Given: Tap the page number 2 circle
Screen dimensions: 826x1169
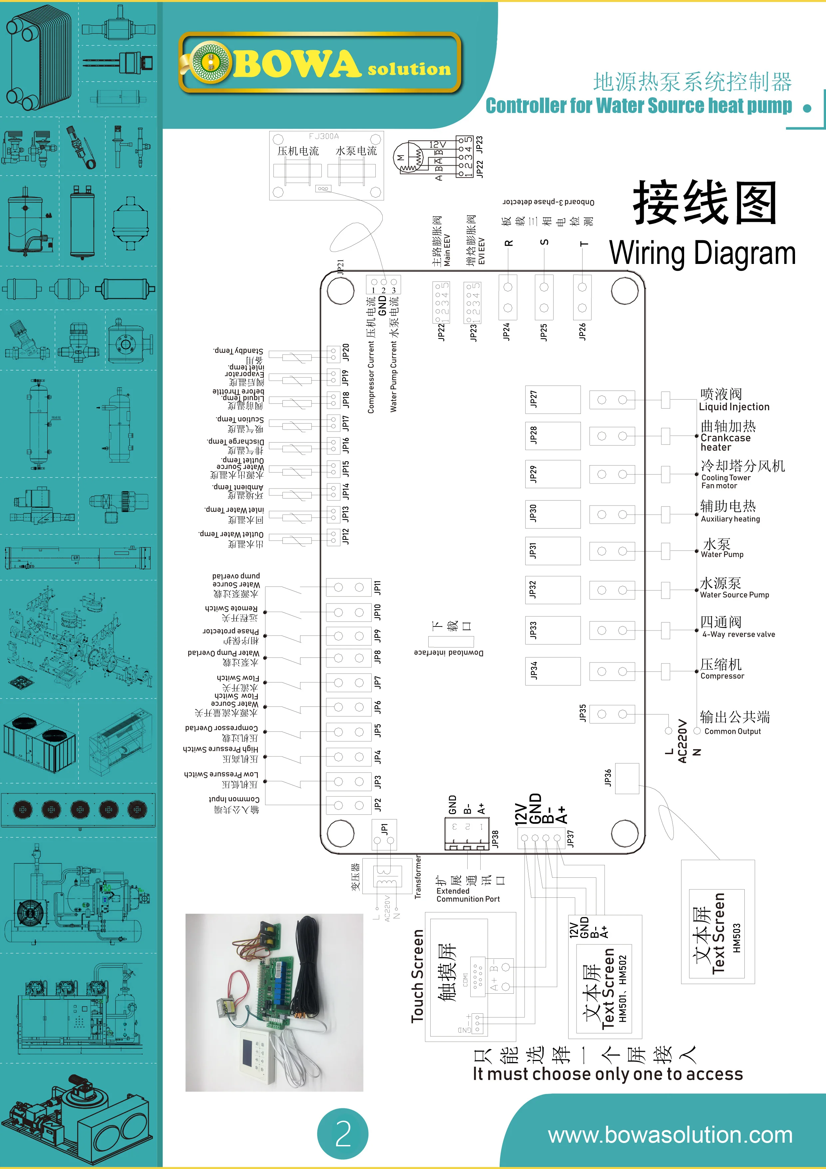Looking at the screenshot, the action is point(343,1133).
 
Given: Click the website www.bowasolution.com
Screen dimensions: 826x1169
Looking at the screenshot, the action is point(670,1135).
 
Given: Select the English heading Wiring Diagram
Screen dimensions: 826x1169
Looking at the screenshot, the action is point(702,253).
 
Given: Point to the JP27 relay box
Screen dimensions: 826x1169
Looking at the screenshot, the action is point(553,400).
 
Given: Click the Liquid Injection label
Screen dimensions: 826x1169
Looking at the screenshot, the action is point(734,407).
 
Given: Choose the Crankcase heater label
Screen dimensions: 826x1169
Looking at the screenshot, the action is point(725,443).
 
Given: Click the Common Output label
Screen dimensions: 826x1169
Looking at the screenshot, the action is point(732,731).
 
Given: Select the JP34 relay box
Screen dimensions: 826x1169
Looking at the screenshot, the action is point(553,671).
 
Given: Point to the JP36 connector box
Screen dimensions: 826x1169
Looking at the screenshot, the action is point(627,778).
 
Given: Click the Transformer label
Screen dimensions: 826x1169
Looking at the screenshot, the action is point(418,877).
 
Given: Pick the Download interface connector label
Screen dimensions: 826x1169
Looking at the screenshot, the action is point(448,653).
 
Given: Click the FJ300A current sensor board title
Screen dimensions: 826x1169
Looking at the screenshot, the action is point(324,136).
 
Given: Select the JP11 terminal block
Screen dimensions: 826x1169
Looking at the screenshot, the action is point(349,587).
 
